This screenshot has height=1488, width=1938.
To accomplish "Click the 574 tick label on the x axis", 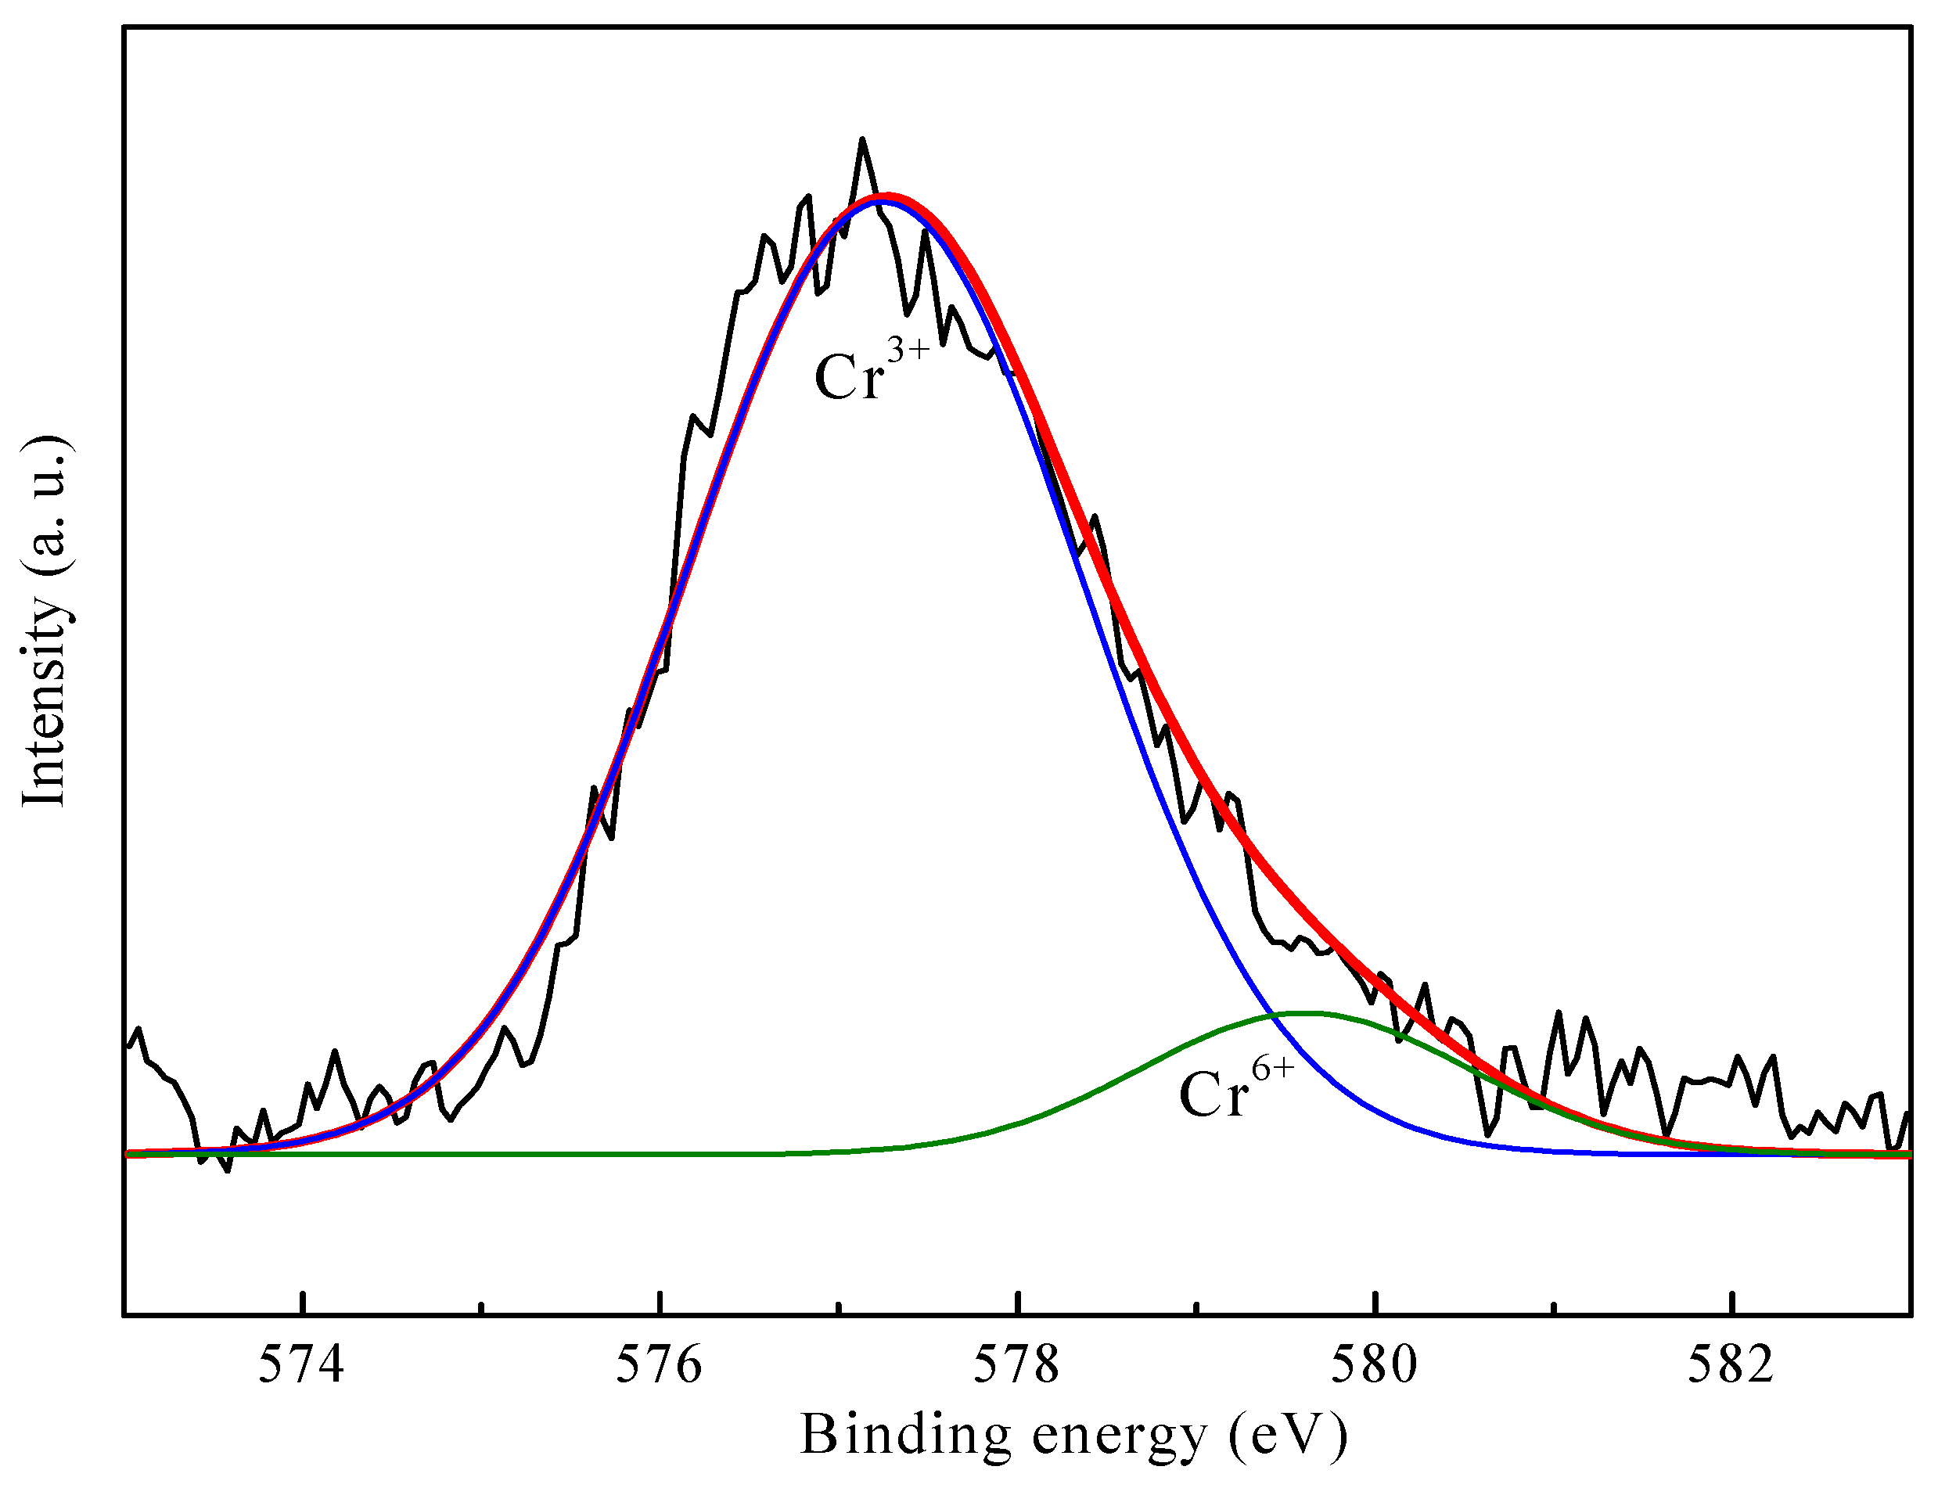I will (300, 1365).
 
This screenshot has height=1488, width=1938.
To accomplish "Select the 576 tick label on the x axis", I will (658, 1365).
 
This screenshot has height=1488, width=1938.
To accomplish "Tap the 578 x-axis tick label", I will (1016, 1365).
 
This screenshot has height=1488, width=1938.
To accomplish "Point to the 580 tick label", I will (1374, 1365).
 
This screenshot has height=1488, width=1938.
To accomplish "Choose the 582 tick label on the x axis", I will (1730, 1365).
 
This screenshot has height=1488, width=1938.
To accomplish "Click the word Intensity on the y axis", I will (45, 699).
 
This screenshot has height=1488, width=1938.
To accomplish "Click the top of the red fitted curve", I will (886, 196).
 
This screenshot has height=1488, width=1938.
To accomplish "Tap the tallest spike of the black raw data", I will (862, 140).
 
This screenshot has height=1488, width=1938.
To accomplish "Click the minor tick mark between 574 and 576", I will (481, 1307).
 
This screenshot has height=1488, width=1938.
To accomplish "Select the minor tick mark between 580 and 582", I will (1555, 1307).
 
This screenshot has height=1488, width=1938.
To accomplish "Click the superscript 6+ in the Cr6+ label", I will (1272, 1069).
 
